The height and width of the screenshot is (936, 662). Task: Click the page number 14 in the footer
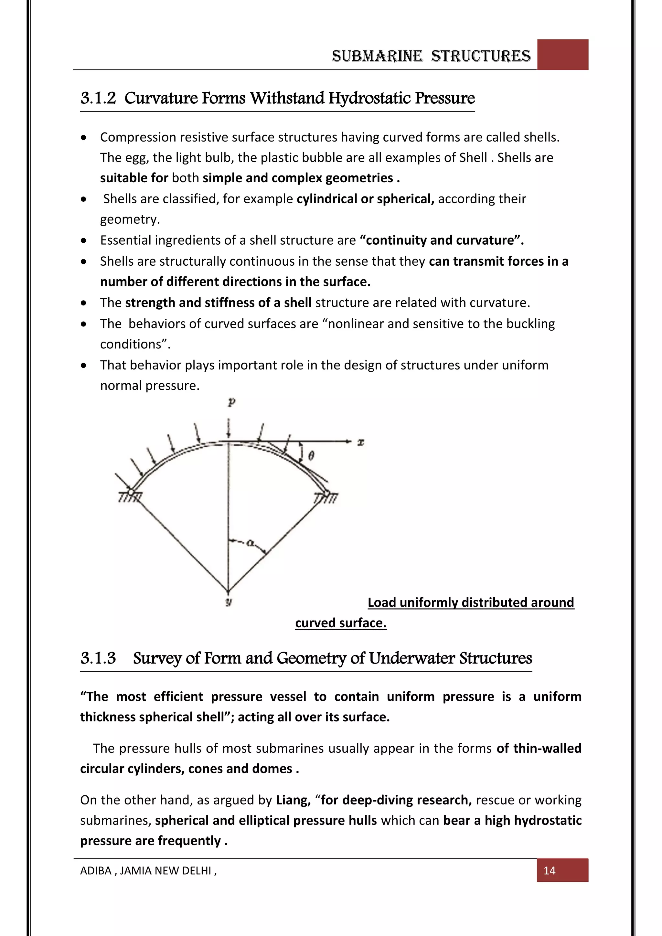point(549,870)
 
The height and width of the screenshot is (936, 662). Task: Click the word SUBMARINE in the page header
point(377,56)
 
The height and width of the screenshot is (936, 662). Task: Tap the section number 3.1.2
point(98,98)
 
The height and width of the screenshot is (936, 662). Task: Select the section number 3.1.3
point(98,658)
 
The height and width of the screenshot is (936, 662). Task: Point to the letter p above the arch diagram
point(231,403)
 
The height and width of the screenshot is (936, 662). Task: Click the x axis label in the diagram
point(360,442)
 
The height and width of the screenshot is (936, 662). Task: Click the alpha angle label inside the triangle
point(250,543)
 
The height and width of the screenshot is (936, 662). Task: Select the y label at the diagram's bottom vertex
point(228,602)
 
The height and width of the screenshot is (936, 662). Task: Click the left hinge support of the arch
point(131,493)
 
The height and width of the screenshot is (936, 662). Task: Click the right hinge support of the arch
point(326,494)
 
